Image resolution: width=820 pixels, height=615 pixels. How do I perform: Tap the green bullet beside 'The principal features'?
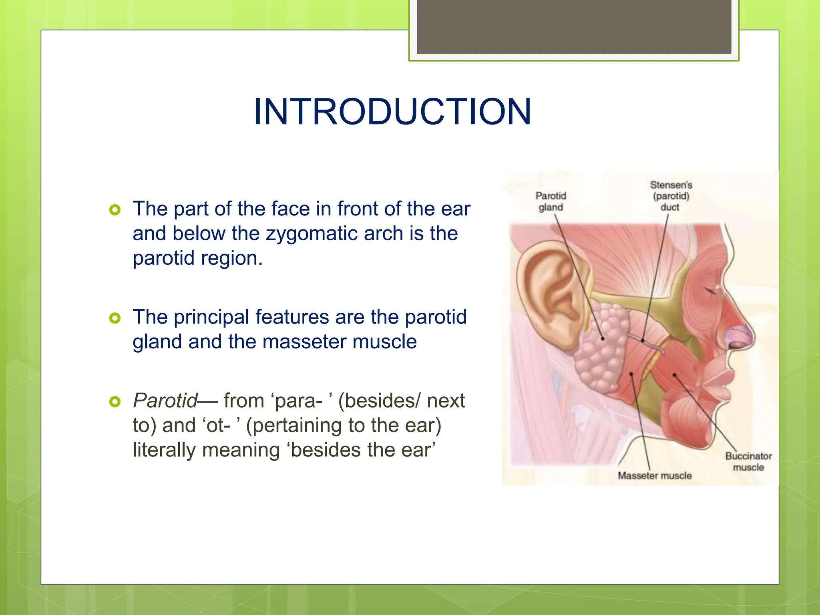pos(115,318)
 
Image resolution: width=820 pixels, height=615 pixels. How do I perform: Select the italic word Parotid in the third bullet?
pos(165,401)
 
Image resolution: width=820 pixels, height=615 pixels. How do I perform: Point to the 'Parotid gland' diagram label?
pos(551,201)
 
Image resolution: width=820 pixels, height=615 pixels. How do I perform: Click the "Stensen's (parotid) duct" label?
pos(671,196)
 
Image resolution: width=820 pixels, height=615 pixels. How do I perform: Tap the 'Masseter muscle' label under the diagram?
pos(655,476)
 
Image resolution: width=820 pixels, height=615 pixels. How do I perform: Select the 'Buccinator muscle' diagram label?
pos(748,462)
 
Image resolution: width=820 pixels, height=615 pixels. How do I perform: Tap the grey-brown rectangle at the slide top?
pos(574,26)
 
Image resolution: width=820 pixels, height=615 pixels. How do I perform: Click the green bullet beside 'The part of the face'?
pos(115,210)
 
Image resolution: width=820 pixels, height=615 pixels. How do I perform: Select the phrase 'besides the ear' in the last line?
pos(362,450)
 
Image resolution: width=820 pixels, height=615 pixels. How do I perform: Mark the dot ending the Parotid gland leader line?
pos(603,339)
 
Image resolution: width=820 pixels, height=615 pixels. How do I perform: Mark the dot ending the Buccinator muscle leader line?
pos(675,375)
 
